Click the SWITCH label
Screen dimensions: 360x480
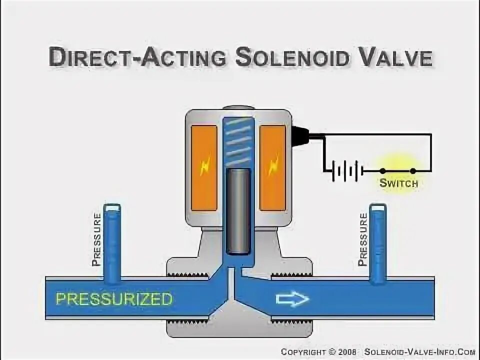pos(398,183)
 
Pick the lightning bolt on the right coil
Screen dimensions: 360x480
pos(273,166)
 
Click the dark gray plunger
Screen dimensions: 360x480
pos(238,210)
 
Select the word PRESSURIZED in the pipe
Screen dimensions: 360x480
pos(114,299)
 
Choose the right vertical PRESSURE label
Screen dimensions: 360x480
pos(363,239)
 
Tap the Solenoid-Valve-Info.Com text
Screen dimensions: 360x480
pos(419,352)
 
